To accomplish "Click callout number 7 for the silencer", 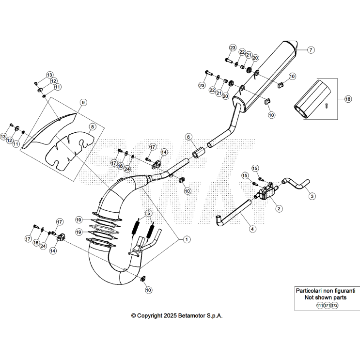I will (311, 49).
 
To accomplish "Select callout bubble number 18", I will (347, 99).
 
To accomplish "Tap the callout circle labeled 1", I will (187, 238).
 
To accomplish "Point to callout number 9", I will (83, 102).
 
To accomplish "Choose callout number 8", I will (92, 127).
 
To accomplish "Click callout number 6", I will (188, 137).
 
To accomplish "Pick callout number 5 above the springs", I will (148, 213).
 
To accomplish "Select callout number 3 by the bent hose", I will (312, 196).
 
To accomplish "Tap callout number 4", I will (253, 228).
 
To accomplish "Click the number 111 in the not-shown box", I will (320, 305).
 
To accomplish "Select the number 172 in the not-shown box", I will (334, 305).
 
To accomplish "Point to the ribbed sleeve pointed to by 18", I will (311, 99).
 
